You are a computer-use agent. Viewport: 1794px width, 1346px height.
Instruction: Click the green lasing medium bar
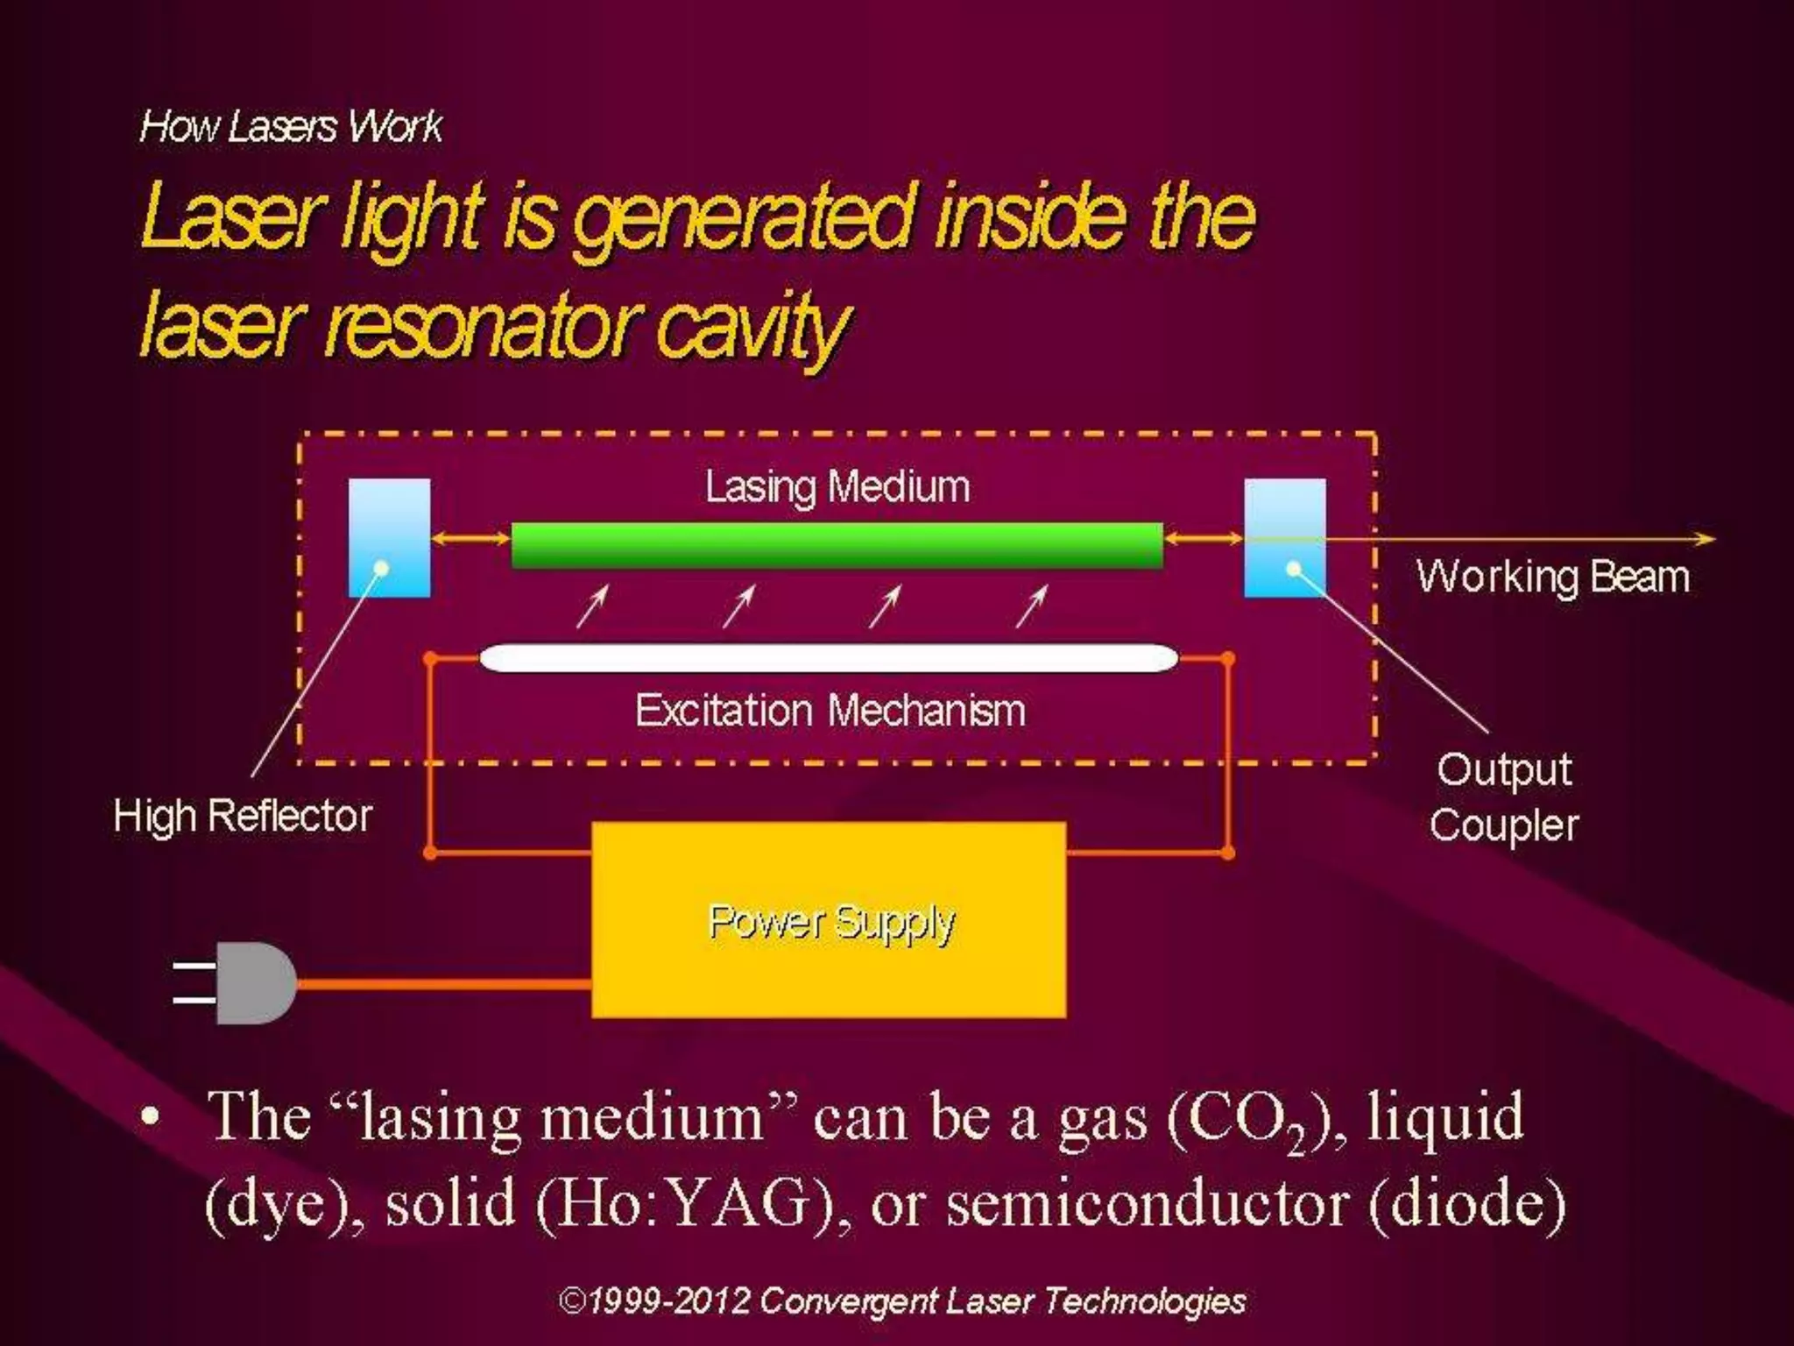pyautogui.click(x=837, y=545)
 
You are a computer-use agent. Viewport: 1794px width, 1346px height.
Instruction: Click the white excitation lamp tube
pyautogui.click(x=829, y=658)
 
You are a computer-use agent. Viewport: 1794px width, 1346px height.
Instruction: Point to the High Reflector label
pyautogui.click(x=243, y=816)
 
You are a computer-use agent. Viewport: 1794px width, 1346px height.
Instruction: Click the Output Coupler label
pyautogui.click(x=1503, y=797)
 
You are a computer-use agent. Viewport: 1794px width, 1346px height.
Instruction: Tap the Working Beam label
pyautogui.click(x=1553, y=577)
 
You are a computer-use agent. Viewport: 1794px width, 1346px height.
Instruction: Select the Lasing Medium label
pyautogui.click(x=837, y=486)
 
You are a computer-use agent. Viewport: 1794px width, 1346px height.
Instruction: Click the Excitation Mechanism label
pyautogui.click(x=830, y=710)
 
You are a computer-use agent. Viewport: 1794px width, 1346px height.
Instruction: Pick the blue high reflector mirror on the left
pyautogui.click(x=389, y=537)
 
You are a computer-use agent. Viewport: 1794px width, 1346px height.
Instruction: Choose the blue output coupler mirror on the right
pyautogui.click(x=1284, y=537)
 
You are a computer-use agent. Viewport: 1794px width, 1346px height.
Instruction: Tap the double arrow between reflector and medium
pyautogui.click(x=471, y=538)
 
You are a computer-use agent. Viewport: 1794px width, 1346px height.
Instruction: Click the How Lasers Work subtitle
pyautogui.click(x=291, y=126)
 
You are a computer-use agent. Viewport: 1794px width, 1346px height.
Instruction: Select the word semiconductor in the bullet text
pyautogui.click(x=1147, y=1203)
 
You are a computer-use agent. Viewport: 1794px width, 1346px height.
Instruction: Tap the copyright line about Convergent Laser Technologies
pyautogui.click(x=901, y=1301)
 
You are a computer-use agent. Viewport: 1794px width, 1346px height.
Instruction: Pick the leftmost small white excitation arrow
pyautogui.click(x=592, y=606)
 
